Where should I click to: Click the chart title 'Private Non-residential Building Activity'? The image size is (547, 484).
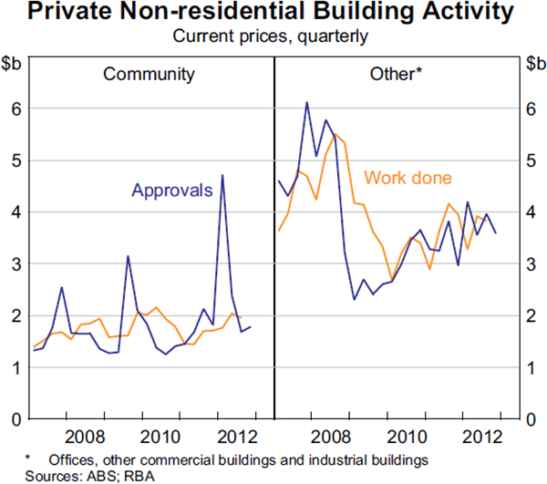273,13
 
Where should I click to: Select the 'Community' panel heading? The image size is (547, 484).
149,73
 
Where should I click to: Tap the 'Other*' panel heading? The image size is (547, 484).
396,73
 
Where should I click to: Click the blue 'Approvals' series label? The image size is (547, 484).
172,190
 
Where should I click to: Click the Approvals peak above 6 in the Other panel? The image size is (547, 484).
306,102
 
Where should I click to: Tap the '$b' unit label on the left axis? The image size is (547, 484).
13,63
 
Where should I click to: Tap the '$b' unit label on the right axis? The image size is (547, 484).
534,63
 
